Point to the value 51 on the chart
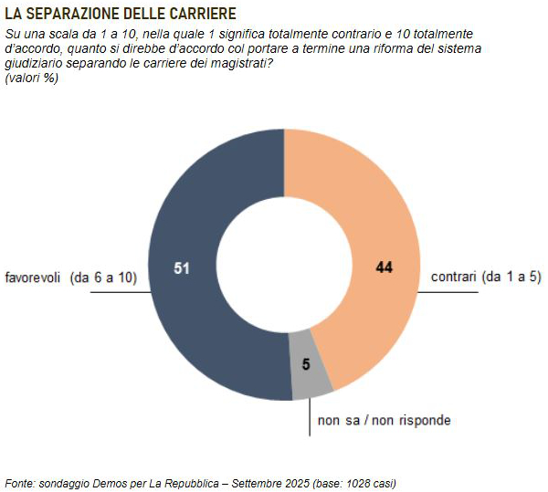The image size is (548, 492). (182, 267)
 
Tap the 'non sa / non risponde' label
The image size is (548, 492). (384, 420)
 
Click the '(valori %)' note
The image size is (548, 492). (32, 79)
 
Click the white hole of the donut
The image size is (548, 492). (284, 265)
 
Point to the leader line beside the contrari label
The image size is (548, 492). (448, 292)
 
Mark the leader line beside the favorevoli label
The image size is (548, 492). (119, 292)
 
